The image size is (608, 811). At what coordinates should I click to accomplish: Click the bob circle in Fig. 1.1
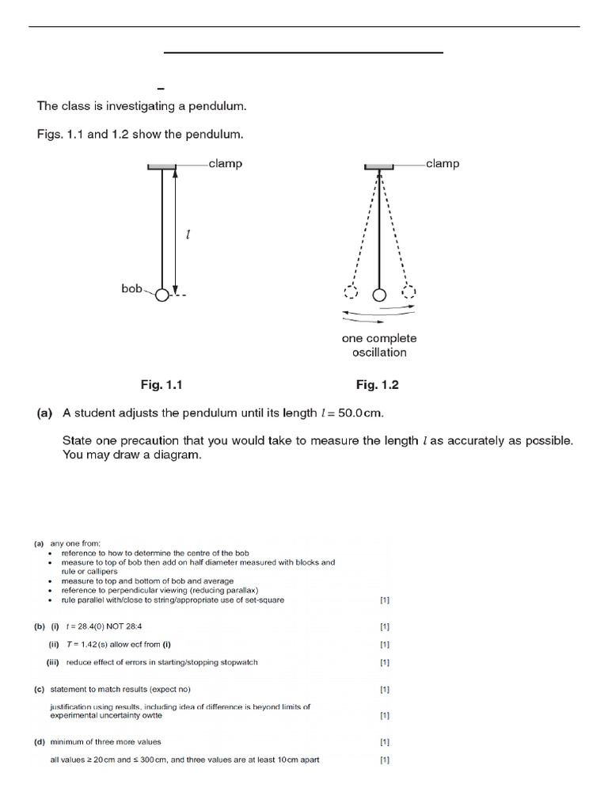click(162, 295)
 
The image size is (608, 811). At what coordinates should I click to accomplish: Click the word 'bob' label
click(131, 288)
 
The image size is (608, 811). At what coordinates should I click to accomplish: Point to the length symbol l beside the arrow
click(187, 235)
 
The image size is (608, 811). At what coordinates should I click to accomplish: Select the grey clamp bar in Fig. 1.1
click(162, 166)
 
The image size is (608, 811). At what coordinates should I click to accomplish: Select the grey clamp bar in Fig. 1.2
click(379, 166)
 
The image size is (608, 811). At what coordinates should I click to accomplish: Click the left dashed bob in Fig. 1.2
click(351, 293)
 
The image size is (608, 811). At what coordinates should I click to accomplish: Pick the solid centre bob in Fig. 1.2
click(379, 295)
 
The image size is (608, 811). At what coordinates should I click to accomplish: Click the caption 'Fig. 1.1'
click(161, 385)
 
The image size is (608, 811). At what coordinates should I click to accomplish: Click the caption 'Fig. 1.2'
click(378, 385)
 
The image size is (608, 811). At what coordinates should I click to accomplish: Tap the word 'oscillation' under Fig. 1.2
click(379, 352)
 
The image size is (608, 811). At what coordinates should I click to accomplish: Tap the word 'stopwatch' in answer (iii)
click(237, 662)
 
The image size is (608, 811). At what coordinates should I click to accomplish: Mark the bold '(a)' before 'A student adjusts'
click(44, 413)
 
